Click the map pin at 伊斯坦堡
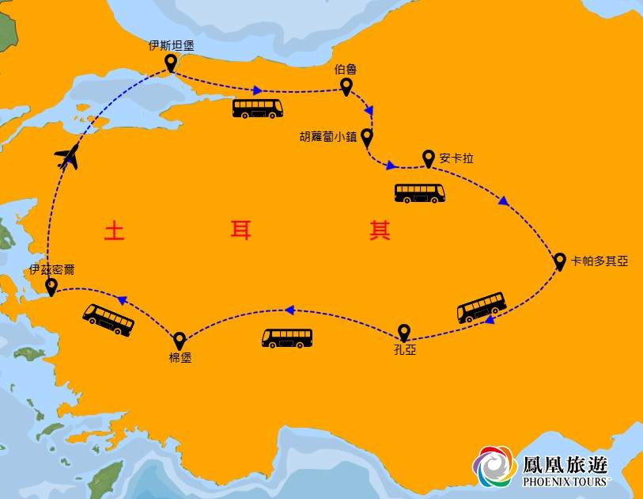coord(170,63)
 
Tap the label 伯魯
coord(346,70)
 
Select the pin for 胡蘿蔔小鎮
coord(366,137)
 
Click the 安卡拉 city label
coord(456,158)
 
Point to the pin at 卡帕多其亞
coord(559,261)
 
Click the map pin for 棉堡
coord(180,340)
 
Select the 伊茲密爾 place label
coord(52,269)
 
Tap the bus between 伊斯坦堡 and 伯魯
coord(258,109)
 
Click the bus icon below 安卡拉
coord(420,193)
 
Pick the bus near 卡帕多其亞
coord(482,307)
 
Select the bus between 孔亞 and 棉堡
coord(287,338)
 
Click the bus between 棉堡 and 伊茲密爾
coord(108,319)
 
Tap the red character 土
coord(115,230)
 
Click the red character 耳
coord(240,230)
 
